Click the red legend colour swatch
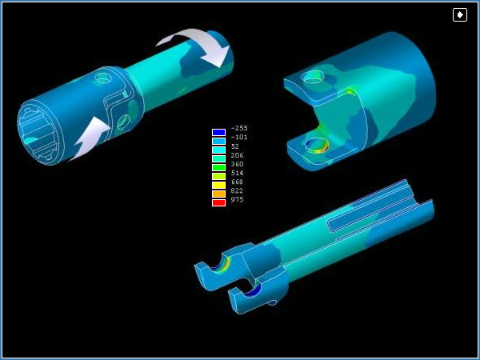point(218,202)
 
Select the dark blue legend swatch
point(218,132)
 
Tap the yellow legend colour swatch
point(218,185)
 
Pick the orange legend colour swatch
point(218,194)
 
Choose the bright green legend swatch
point(218,167)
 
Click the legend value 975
point(238,199)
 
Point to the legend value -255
point(239,128)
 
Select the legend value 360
point(238,164)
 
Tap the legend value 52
point(235,146)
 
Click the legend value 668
point(238,182)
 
